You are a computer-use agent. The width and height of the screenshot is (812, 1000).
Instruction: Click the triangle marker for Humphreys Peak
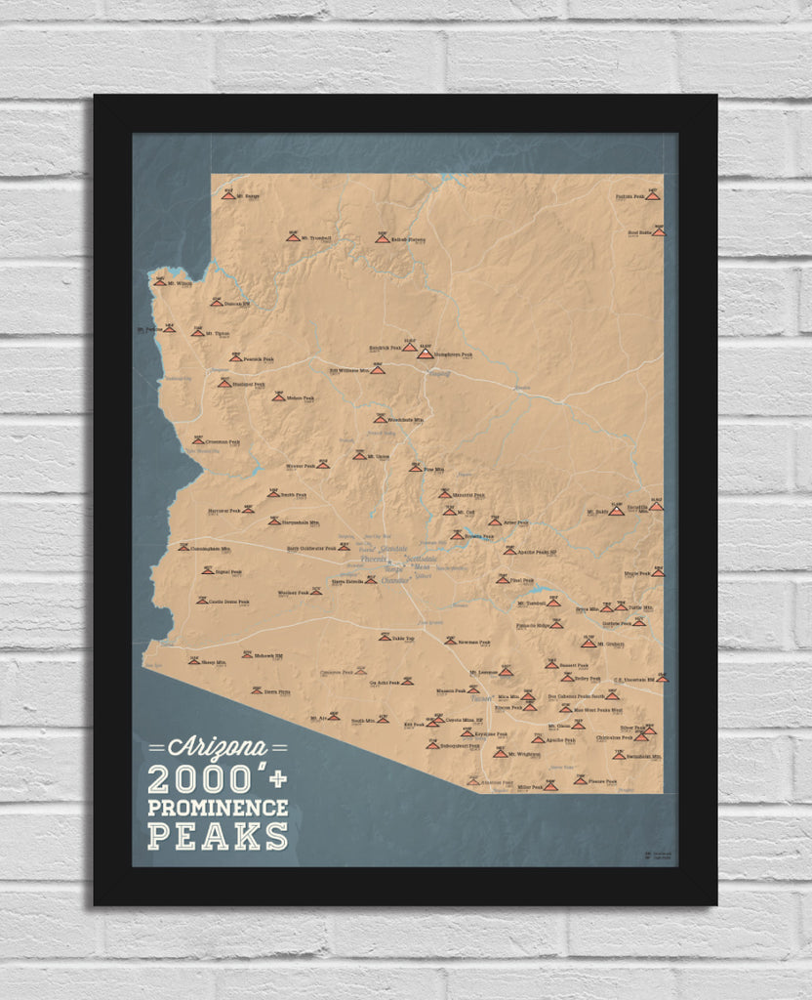(425, 353)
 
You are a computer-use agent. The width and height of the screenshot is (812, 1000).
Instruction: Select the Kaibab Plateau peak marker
(382, 238)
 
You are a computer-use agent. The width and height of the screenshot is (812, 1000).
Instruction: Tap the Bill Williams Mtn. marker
(377, 370)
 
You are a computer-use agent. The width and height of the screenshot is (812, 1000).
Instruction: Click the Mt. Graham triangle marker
(588, 643)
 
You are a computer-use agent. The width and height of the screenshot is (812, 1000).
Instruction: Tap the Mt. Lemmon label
(484, 673)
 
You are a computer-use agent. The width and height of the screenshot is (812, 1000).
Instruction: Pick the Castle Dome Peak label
(228, 602)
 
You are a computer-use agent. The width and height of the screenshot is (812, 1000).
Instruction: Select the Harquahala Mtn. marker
(274, 521)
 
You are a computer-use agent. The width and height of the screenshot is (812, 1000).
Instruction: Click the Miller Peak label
(530, 786)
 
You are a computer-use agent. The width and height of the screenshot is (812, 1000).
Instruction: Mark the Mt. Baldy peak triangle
(616, 510)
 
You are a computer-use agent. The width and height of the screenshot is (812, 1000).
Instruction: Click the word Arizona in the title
(217, 748)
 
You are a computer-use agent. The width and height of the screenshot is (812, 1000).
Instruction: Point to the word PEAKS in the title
(218, 836)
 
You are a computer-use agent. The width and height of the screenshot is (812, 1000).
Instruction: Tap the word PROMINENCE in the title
(218, 808)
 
